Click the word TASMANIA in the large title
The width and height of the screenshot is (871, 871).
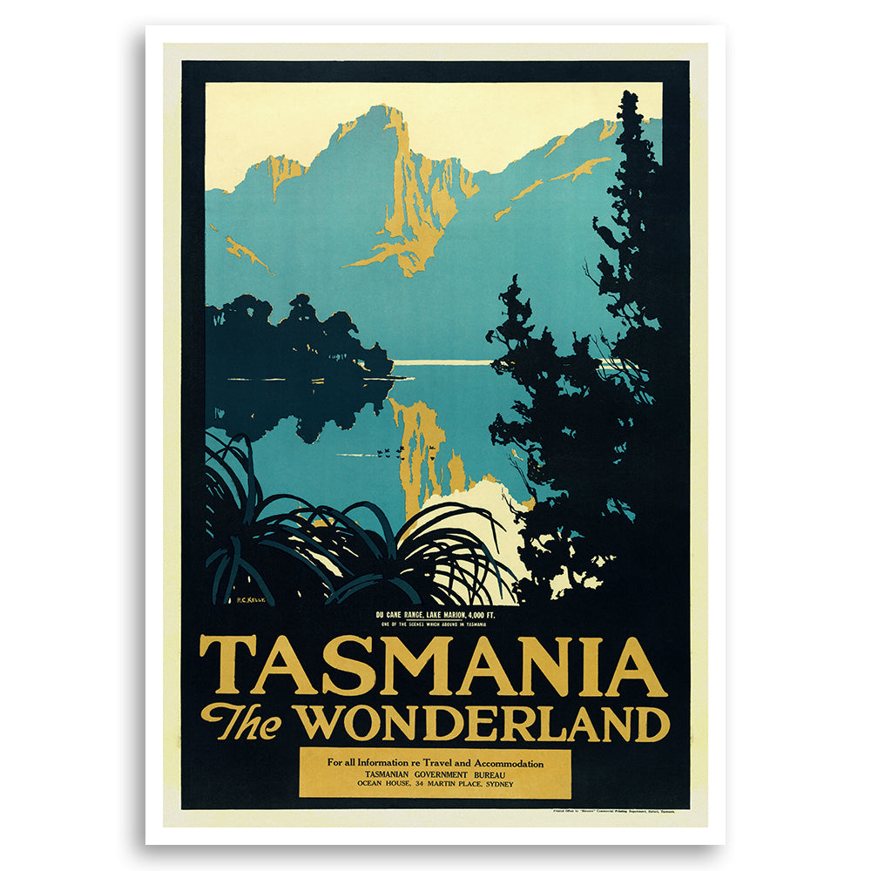tap(433, 666)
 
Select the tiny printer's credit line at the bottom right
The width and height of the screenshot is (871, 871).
tap(609, 810)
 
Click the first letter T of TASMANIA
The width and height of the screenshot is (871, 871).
tap(219, 666)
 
